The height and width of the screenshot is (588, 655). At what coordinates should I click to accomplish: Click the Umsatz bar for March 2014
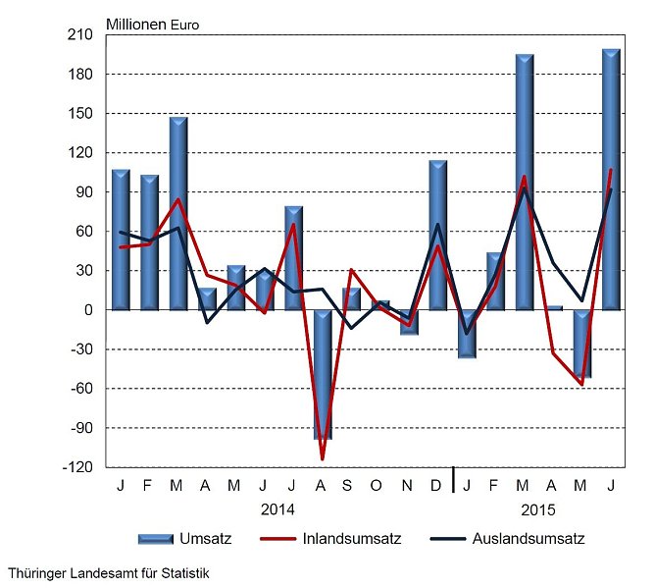(178, 213)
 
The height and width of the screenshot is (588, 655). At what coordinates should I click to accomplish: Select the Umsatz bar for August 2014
(323, 374)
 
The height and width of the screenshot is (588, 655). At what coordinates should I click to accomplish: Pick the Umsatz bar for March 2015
(525, 182)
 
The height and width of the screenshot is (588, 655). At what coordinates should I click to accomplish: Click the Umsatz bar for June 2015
(611, 180)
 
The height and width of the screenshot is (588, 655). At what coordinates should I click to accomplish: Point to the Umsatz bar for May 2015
(582, 344)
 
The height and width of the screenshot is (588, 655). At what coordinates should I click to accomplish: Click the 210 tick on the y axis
(80, 35)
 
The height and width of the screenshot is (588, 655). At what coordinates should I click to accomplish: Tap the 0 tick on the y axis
(87, 310)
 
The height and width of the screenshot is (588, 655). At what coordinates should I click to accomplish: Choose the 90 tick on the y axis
(83, 192)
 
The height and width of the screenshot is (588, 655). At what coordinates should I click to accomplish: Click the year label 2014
(278, 510)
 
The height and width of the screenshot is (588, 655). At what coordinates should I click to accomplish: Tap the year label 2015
(538, 510)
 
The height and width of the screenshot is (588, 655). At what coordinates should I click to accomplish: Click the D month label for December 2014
(437, 485)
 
